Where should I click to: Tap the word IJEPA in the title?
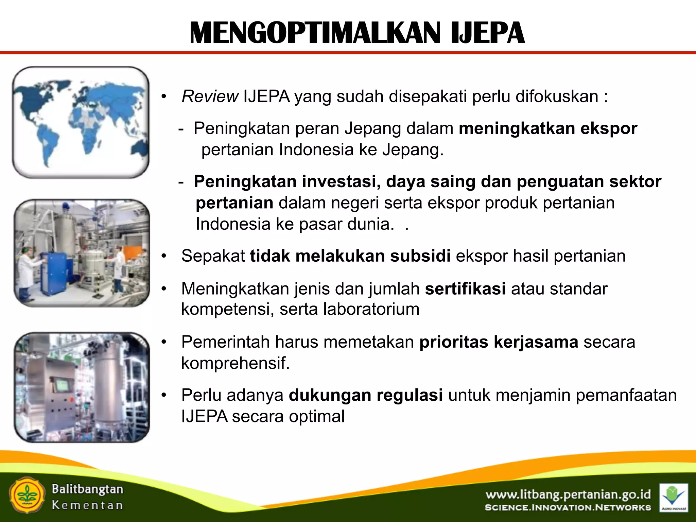pos(487,33)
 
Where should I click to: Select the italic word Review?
pos(210,97)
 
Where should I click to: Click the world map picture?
pos(81,122)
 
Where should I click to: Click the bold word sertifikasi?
pos(465,289)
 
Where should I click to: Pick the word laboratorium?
pos(371,309)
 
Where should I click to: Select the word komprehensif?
pos(235,363)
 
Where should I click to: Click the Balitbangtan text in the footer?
pos(87,489)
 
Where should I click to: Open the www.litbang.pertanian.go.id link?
pos(568,494)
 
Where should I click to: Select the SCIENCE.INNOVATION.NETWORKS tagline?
pos(568,508)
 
